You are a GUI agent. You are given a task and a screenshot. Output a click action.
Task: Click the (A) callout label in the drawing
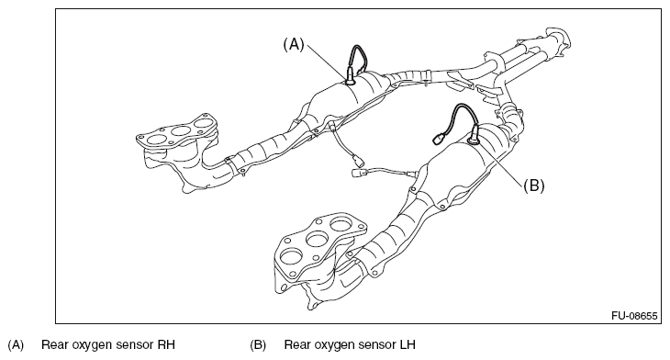(294, 44)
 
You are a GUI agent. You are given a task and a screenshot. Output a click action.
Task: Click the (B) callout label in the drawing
(533, 186)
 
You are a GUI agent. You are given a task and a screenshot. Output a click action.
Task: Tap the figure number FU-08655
(634, 316)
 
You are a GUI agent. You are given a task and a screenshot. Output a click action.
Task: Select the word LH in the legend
(408, 344)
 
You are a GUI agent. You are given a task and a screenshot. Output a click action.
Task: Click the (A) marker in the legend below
(16, 344)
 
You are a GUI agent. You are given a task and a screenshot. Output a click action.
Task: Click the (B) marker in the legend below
(258, 344)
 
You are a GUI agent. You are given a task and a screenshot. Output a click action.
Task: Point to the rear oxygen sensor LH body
(475, 134)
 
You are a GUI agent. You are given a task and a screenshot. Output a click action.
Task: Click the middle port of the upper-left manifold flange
(181, 130)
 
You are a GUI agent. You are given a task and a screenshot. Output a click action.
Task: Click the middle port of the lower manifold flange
(318, 239)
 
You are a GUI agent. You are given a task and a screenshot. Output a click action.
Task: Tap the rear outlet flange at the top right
(558, 39)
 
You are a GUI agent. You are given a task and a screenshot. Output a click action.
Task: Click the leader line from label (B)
(502, 163)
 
